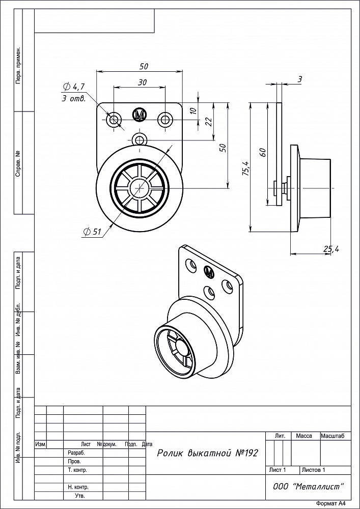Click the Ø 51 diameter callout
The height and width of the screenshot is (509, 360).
(x=92, y=232)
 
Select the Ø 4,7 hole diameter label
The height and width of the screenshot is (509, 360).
(x=74, y=87)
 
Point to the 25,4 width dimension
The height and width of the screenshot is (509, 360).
(x=331, y=249)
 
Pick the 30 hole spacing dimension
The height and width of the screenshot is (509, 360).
(x=142, y=82)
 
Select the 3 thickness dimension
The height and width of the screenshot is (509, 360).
(x=299, y=79)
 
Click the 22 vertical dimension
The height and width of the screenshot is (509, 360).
(x=209, y=122)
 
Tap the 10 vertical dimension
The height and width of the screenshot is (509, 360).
(x=193, y=110)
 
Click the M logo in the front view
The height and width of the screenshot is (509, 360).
(x=140, y=115)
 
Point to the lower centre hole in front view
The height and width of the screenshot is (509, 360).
(x=140, y=140)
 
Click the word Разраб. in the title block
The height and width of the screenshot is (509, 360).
(x=76, y=453)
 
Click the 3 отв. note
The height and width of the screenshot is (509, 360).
(x=74, y=99)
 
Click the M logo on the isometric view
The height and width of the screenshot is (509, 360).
(x=209, y=271)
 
